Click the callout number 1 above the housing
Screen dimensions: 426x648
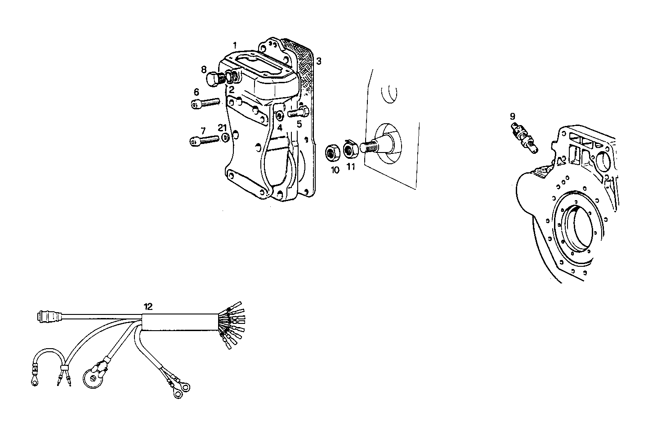[x=234, y=45]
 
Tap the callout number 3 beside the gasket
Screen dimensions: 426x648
[x=318, y=61]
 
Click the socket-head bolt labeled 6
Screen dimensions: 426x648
[x=205, y=103]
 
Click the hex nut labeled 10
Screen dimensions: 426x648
[x=333, y=153]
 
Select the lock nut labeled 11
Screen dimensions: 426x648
[x=350, y=149]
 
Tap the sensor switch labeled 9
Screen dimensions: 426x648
[x=523, y=135]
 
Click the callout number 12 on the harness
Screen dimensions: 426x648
[x=148, y=307]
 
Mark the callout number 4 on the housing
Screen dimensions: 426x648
[x=279, y=127]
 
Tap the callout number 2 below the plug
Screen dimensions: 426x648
[x=231, y=90]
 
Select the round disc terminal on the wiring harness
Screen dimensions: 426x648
[x=93, y=377]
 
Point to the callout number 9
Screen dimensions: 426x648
[x=513, y=117]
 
